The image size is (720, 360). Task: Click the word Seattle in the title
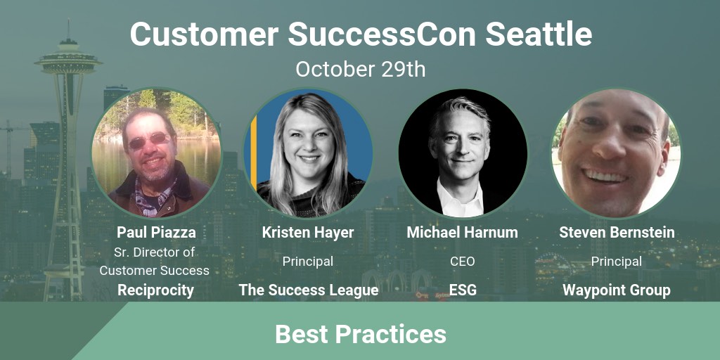pyautogui.click(x=539, y=34)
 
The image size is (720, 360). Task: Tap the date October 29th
pyautogui.click(x=361, y=69)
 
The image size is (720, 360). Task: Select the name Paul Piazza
pyautogui.click(x=156, y=232)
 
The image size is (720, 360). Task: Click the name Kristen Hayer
pyautogui.click(x=308, y=232)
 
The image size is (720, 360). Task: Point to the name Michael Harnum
pyautogui.click(x=462, y=232)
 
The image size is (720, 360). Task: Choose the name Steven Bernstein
pyautogui.click(x=617, y=232)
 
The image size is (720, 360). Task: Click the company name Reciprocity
pyautogui.click(x=155, y=290)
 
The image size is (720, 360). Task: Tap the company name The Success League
pyautogui.click(x=309, y=290)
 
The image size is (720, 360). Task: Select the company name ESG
pyautogui.click(x=463, y=290)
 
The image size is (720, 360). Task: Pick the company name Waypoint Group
pyautogui.click(x=616, y=290)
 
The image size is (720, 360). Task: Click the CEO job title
pyautogui.click(x=463, y=262)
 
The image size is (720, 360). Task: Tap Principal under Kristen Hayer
pyautogui.click(x=308, y=262)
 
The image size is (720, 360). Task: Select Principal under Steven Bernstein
pyautogui.click(x=616, y=262)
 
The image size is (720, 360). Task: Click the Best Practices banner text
pyautogui.click(x=361, y=334)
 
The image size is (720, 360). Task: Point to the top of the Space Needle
pyautogui.click(x=68, y=19)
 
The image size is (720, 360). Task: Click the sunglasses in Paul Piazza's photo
pyautogui.click(x=149, y=141)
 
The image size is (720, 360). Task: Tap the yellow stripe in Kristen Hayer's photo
pyautogui.click(x=253, y=153)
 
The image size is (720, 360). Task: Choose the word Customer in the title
pyautogui.click(x=205, y=34)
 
